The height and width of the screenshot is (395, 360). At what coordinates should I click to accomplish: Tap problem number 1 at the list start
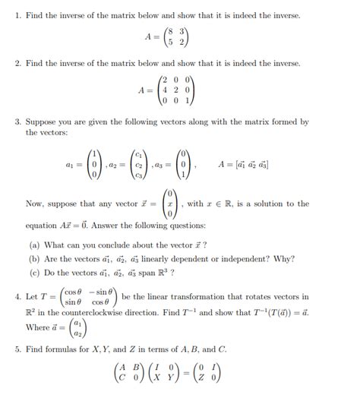coord(17,15)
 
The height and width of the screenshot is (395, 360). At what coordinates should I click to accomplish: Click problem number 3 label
coord(17,122)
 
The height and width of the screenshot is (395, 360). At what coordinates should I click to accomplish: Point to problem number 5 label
coord(17,349)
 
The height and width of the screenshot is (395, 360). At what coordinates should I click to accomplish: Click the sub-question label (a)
coord(34,245)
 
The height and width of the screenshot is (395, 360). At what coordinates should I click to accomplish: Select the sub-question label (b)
coord(34,259)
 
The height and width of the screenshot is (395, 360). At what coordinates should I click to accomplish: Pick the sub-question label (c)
coord(34,273)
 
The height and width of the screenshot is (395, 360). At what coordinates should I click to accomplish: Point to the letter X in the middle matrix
coord(156,378)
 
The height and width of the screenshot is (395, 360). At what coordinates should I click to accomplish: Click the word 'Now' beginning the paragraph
coord(35,204)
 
